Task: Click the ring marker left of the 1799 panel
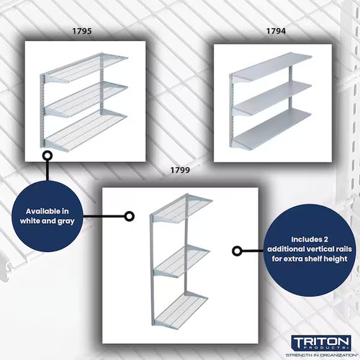pyautogui.click(x=130, y=215)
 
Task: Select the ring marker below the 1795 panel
pyautogui.click(x=48, y=154)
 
